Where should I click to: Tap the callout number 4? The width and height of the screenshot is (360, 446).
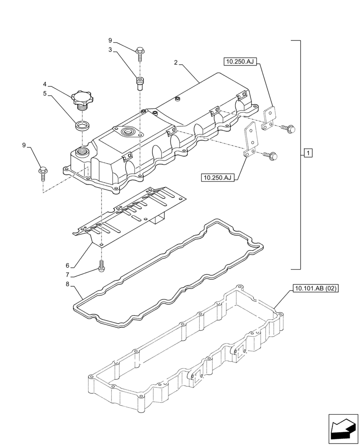click(x=45, y=84)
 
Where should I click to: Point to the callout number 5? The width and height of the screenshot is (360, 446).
click(x=45, y=94)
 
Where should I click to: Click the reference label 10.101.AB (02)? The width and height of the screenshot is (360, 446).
click(x=316, y=289)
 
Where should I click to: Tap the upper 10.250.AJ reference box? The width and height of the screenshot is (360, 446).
click(x=240, y=62)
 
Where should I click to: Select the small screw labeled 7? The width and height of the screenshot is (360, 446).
click(x=102, y=265)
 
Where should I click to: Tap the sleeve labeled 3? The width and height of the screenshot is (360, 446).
click(x=140, y=83)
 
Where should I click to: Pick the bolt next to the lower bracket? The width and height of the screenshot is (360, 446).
click(x=271, y=155)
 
